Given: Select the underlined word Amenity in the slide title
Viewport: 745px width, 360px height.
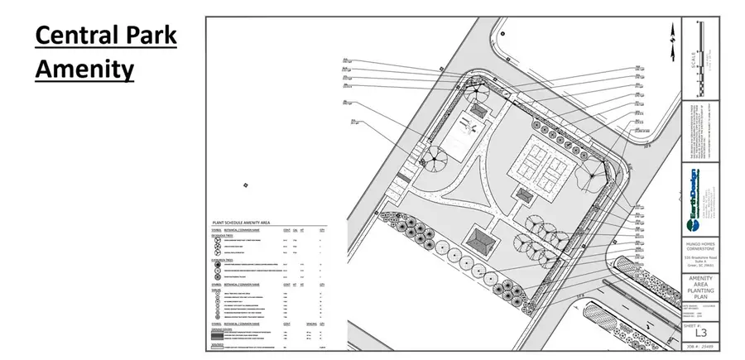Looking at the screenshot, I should click(x=84, y=69).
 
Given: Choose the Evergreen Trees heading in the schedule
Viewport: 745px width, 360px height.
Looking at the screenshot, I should click(x=225, y=258).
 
